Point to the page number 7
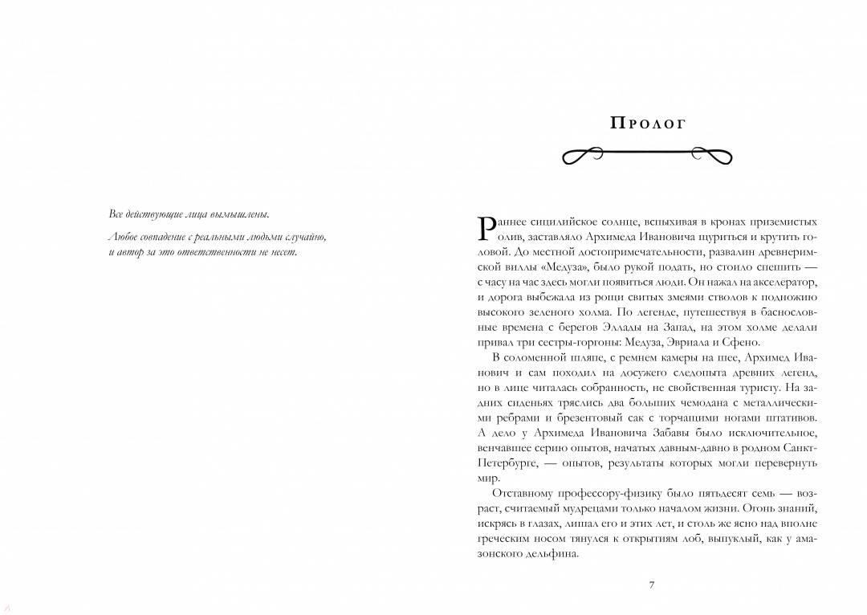(651, 584)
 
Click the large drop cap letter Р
(486, 227)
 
